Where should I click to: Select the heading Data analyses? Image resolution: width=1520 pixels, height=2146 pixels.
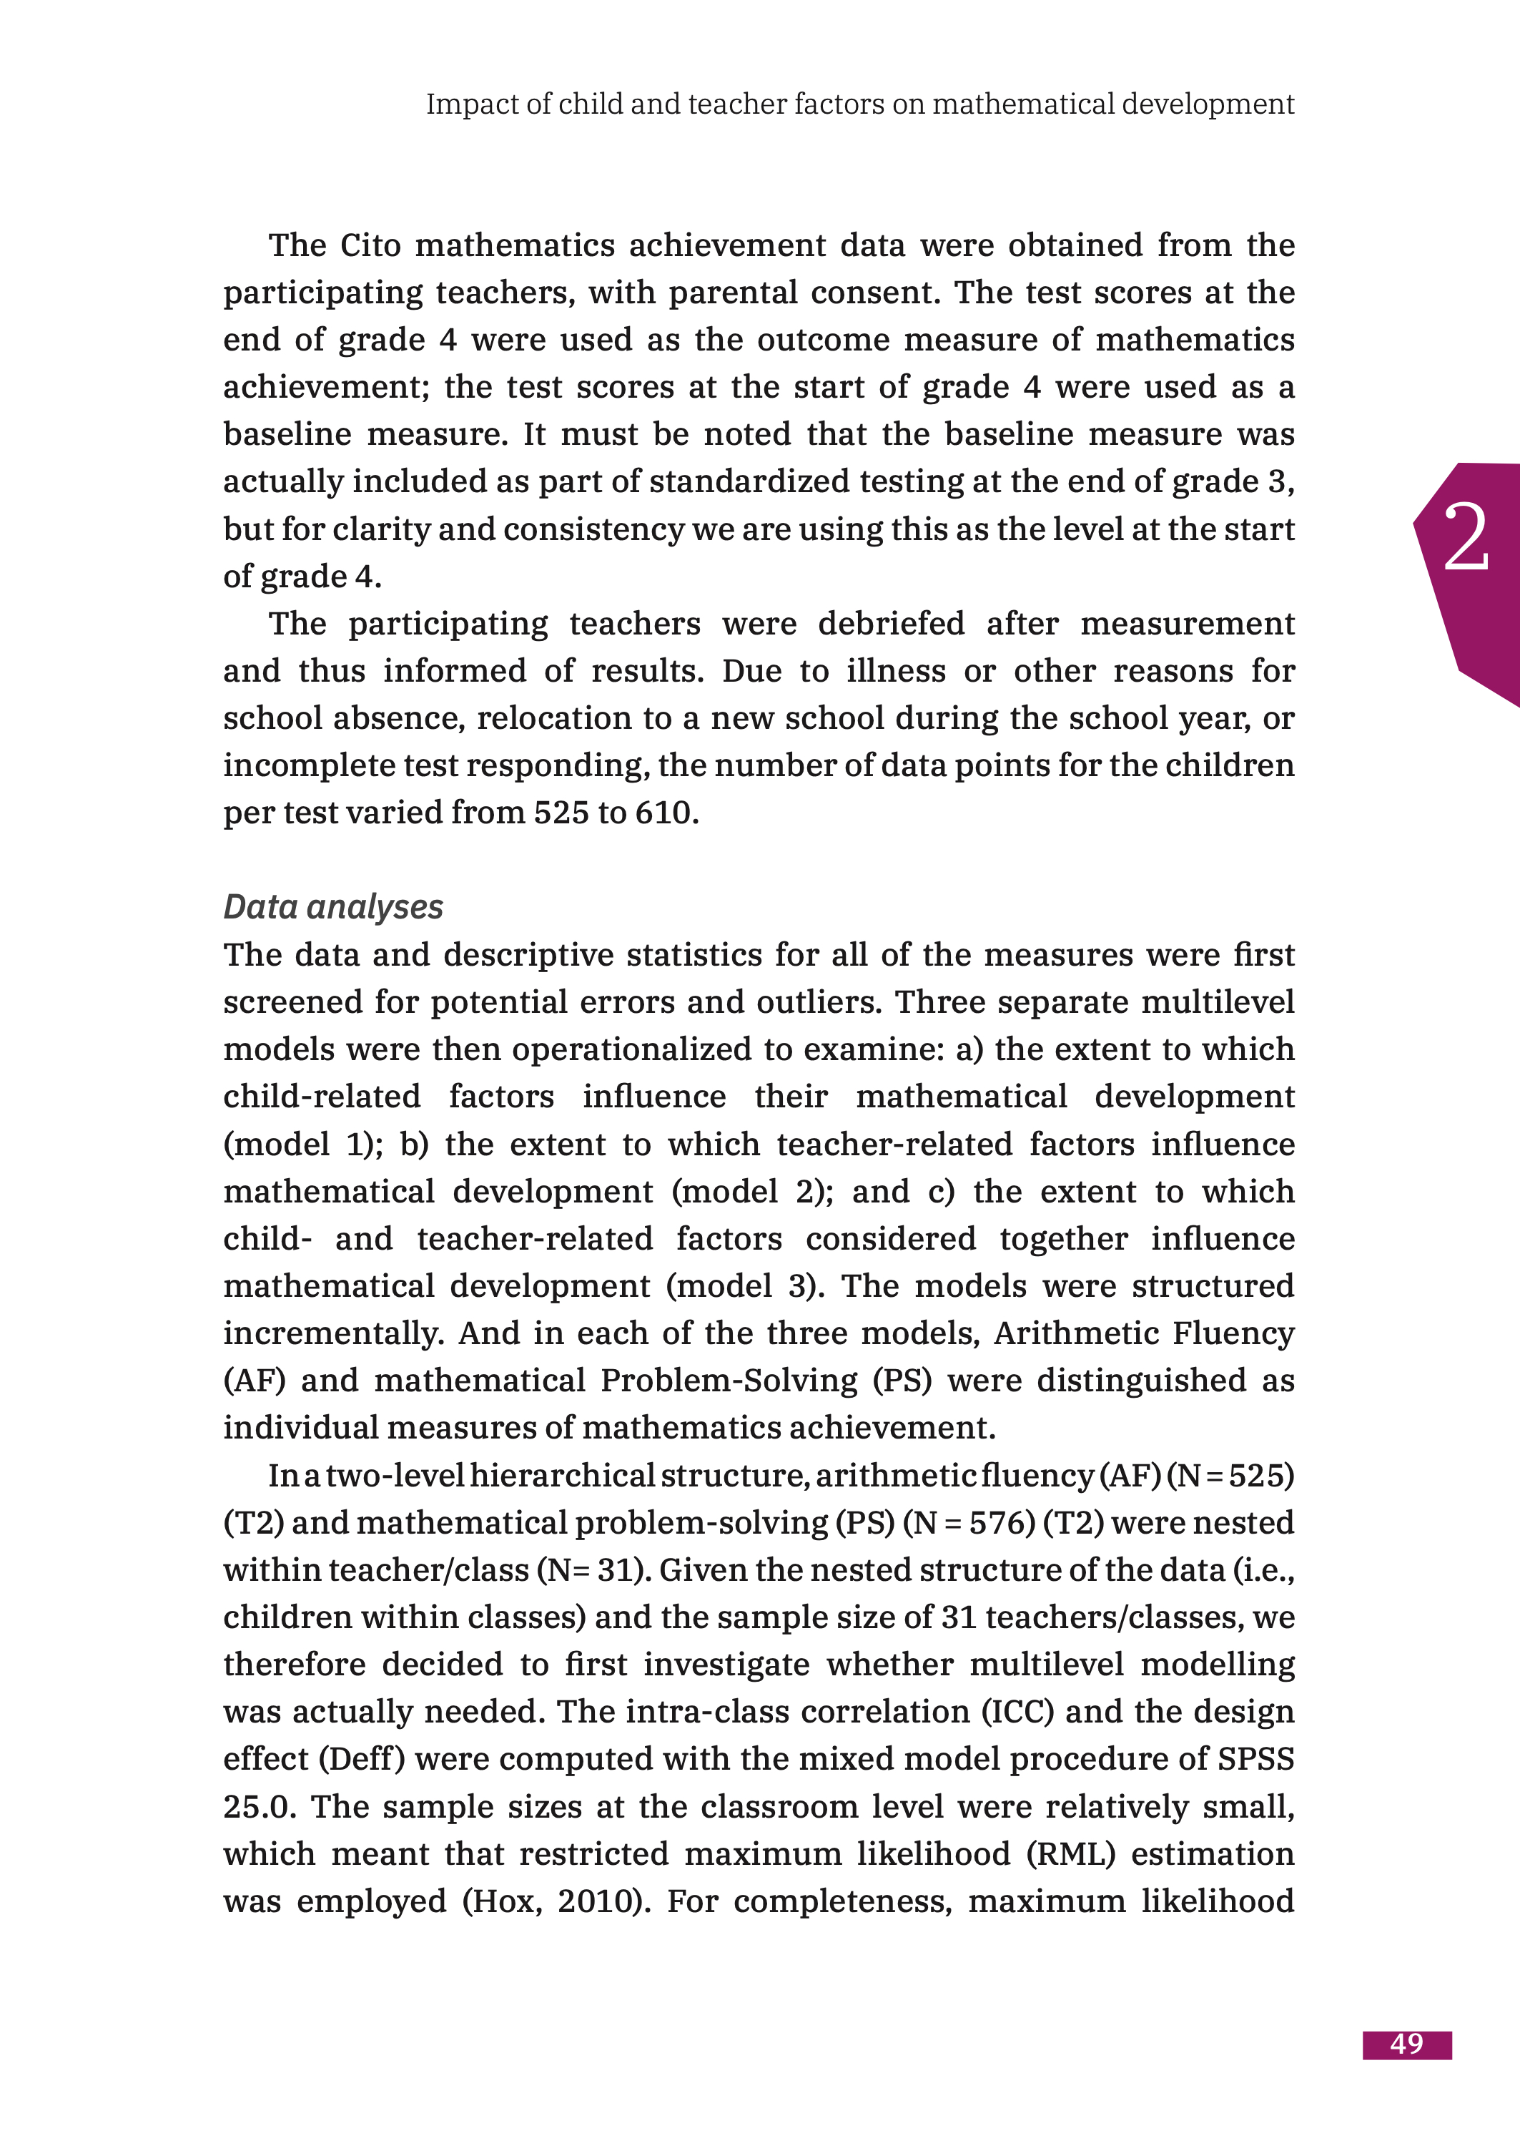pos(333,906)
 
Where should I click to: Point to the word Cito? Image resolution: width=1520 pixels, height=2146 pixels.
pos(370,245)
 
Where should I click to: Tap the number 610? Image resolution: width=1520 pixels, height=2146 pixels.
pos(666,813)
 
